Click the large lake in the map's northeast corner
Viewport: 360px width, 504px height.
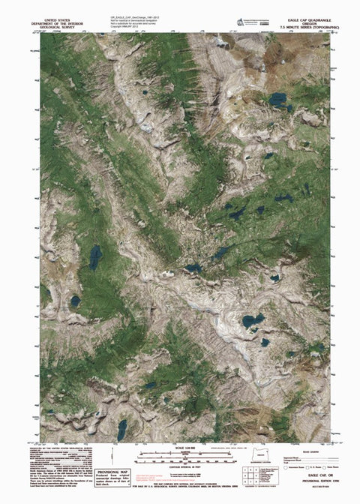point(279,99)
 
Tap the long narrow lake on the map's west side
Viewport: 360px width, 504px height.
point(95,257)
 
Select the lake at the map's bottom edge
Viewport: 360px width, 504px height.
point(121,429)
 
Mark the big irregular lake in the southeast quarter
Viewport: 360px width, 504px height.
point(252,321)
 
